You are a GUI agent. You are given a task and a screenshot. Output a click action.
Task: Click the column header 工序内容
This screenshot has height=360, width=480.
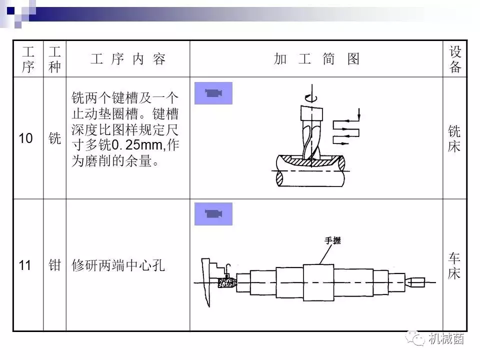128,59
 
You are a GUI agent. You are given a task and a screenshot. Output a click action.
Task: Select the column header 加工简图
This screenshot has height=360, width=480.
316,59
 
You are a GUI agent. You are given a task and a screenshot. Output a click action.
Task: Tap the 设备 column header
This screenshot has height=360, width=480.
455,59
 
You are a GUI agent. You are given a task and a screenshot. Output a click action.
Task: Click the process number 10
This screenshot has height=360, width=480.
25,138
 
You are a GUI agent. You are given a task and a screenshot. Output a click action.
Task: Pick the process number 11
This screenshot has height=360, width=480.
25,265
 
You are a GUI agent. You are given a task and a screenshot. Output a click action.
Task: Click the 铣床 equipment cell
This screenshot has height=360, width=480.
454,138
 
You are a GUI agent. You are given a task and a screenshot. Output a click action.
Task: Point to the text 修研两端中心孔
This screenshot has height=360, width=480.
118,265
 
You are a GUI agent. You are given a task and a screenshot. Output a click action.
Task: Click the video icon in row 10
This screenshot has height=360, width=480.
213,93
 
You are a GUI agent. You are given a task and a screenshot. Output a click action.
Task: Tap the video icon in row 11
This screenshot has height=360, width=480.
213,213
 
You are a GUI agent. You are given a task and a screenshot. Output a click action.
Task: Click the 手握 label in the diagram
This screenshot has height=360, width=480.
333,240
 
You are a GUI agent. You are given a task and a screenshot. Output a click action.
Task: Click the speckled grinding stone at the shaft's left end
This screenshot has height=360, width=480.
227,282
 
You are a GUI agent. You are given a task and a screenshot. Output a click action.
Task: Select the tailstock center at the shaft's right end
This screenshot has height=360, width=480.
415,282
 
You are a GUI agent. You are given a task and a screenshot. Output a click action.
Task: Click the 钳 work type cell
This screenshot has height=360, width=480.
55,265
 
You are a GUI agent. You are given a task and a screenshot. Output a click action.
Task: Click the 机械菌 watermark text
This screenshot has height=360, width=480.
446,338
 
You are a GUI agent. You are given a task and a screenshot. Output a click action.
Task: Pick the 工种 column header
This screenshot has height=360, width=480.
55,59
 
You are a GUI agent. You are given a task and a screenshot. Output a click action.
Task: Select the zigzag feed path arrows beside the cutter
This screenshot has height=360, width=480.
346,128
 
